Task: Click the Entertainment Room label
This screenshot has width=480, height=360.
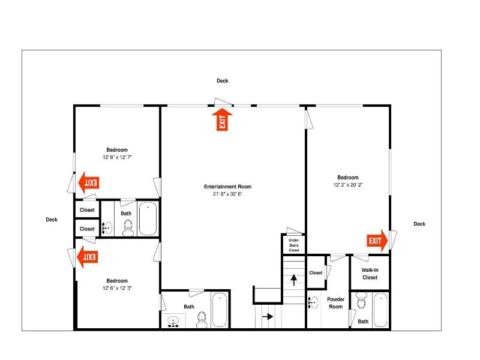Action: click(228, 187)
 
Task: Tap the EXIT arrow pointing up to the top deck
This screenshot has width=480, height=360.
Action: click(222, 119)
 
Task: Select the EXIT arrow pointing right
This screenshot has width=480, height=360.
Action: click(377, 241)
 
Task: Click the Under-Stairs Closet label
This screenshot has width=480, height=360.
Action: click(293, 245)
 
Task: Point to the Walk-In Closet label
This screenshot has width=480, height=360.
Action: click(370, 274)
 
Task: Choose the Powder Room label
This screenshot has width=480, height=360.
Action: click(336, 303)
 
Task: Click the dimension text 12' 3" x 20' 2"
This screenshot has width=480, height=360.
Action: click(348, 185)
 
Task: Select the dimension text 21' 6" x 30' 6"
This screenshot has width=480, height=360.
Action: click(227, 194)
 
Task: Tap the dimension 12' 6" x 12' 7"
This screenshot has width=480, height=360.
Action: click(117, 157)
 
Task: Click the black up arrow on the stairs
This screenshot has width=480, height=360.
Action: click(294, 280)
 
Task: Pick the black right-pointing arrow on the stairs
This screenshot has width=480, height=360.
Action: click(268, 316)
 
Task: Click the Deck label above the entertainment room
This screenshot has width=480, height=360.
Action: click(222, 81)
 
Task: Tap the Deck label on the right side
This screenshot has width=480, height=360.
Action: click(419, 224)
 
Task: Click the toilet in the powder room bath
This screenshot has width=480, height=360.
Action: click(362, 301)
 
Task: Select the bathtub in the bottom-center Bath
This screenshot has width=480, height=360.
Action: click(220, 310)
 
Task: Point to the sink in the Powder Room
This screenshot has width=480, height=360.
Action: click(313, 302)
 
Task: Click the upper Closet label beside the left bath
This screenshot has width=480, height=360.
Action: click(87, 210)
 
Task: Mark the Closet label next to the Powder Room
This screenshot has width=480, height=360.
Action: click(316, 273)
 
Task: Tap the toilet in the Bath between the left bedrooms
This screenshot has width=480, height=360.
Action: click(128, 229)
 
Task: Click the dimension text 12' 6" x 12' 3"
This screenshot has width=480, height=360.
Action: click(117, 288)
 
